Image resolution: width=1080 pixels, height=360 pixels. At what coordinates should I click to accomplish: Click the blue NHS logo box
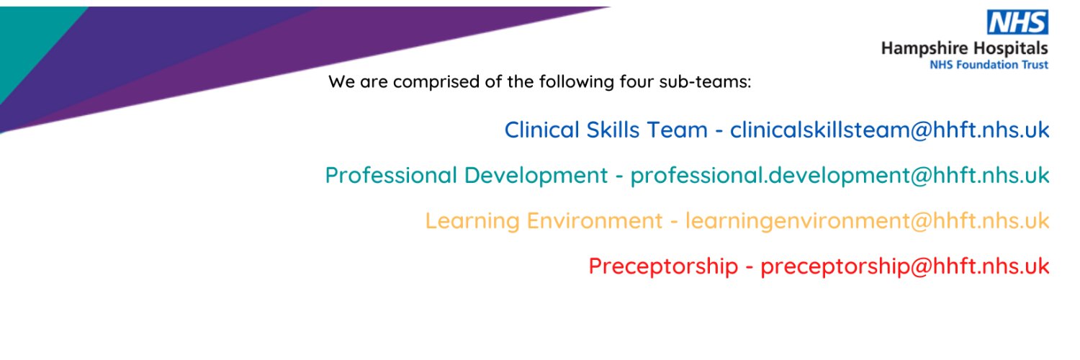point(1017,23)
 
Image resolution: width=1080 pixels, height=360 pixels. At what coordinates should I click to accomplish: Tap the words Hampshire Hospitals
point(965,49)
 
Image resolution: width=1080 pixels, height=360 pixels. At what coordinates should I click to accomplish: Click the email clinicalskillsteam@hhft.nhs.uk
point(889,130)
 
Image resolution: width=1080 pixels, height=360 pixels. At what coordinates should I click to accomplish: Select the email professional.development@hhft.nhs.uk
point(840,175)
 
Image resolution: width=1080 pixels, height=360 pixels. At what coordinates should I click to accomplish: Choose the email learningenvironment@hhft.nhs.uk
point(867,220)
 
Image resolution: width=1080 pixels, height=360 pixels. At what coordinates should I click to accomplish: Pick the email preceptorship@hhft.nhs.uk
point(904,266)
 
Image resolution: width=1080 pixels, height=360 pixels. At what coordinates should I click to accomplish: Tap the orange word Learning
point(470,220)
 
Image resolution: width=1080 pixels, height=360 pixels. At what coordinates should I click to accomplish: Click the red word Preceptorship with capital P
point(663,266)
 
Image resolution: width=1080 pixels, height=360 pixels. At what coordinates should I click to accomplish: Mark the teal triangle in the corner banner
point(29,36)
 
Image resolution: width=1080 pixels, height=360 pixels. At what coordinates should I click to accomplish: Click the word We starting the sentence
point(341,81)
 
